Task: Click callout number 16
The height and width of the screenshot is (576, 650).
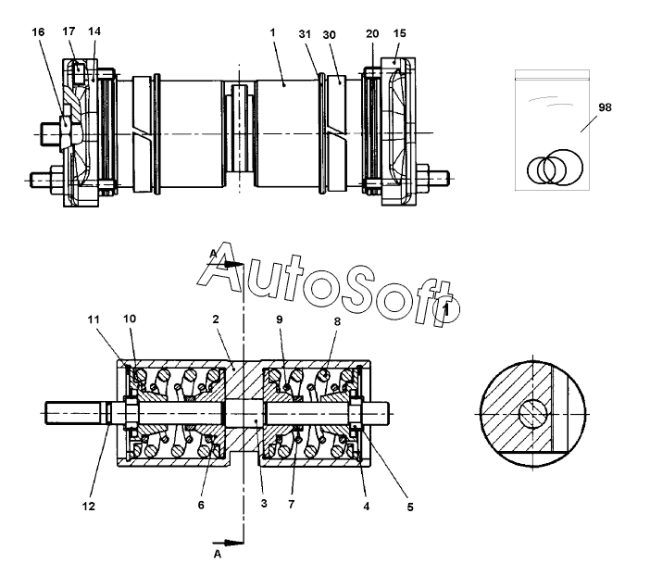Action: tap(37, 31)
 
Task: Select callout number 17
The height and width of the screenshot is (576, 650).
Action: tap(69, 31)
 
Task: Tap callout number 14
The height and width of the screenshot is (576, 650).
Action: tap(94, 31)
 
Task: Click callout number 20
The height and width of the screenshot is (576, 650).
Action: tap(372, 32)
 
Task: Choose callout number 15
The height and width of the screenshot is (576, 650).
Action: tap(399, 32)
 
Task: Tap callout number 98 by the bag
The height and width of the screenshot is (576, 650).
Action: tap(605, 108)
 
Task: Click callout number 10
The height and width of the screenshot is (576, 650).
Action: tap(130, 319)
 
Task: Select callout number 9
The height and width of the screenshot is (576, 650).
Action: tap(279, 319)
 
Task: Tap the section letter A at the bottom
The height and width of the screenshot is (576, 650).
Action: tap(218, 556)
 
